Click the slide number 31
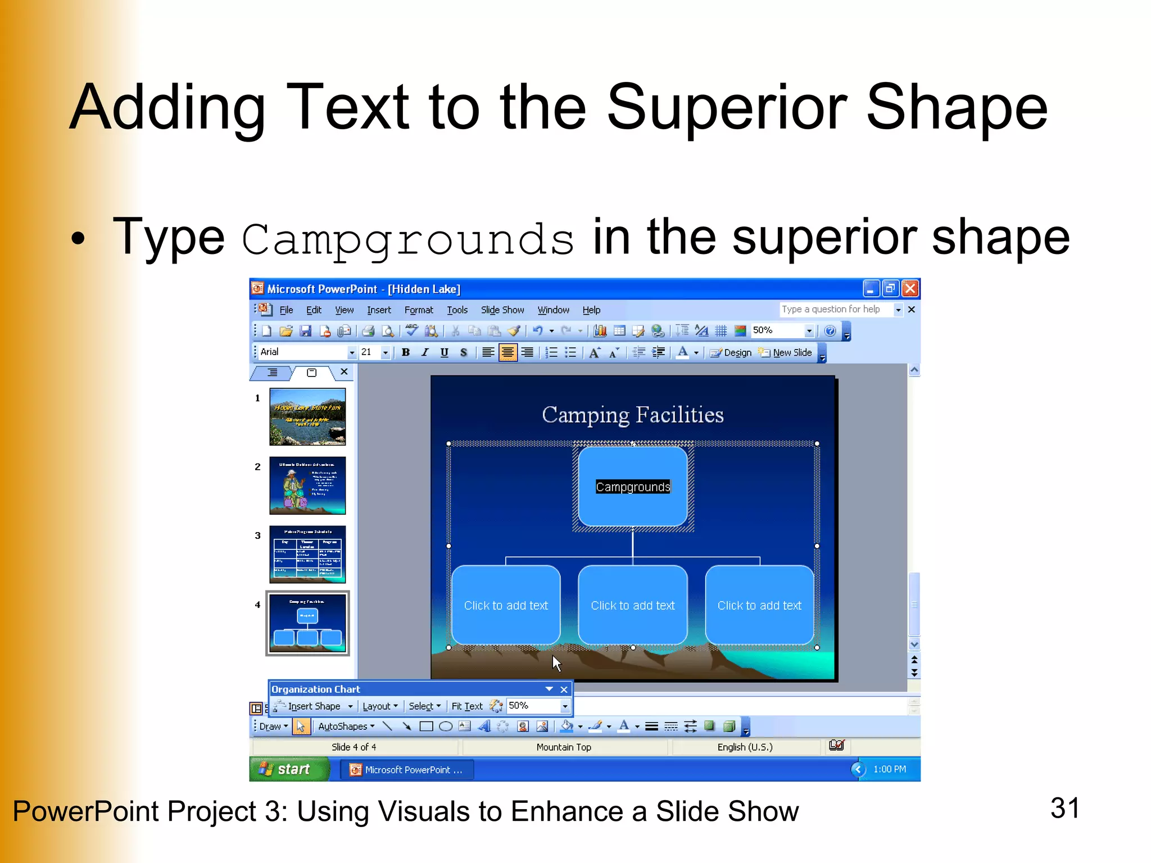coord(1064,808)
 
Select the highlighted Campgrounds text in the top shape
coord(633,487)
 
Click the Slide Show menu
coord(502,310)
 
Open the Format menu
coord(419,310)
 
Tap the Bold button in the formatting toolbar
coord(405,352)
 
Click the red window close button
coord(910,289)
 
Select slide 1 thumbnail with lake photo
coord(307,416)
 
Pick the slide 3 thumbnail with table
coord(307,554)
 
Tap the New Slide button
coord(786,352)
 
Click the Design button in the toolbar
coord(731,352)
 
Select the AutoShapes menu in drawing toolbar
coord(345,726)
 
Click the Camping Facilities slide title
coord(632,415)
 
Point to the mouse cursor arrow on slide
coord(556,662)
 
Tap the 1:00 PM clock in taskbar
coord(889,769)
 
